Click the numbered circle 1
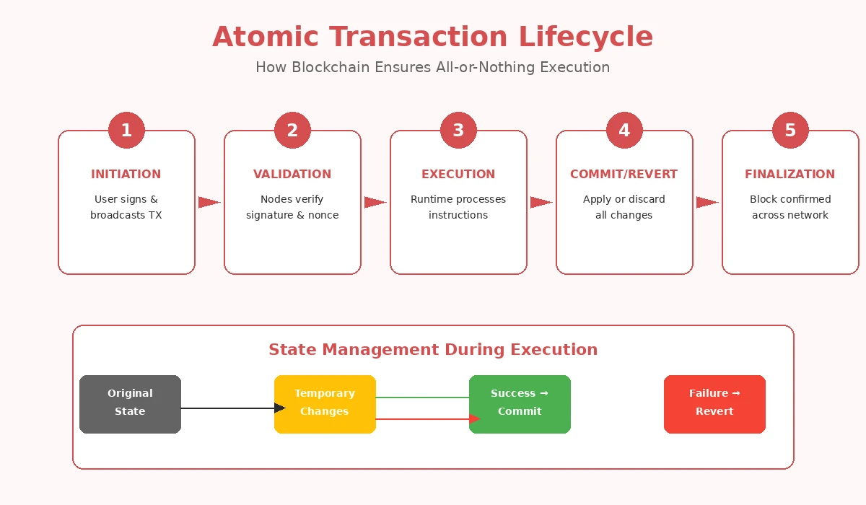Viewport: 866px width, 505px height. [126, 131]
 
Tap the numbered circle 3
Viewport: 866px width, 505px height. [458, 131]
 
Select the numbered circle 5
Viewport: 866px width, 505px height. [790, 131]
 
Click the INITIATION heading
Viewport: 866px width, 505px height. [126, 174]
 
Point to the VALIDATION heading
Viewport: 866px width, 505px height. [292, 174]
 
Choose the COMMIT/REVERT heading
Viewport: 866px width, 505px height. [624, 174]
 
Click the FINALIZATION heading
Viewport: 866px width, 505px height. [790, 174]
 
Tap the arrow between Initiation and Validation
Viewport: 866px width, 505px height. [209, 203]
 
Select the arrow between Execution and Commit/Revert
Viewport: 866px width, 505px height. [541, 203]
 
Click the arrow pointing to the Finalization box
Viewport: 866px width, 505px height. [707, 203]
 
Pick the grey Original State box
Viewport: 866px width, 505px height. [130, 404]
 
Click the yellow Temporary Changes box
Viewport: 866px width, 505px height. [325, 404]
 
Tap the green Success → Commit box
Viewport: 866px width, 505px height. [520, 404]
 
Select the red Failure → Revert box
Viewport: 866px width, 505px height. [714, 404]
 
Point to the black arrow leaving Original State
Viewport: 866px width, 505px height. [227, 408]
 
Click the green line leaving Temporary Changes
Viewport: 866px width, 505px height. [422, 398]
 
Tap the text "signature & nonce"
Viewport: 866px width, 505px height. [292, 215]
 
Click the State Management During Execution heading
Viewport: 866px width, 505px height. [433, 350]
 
